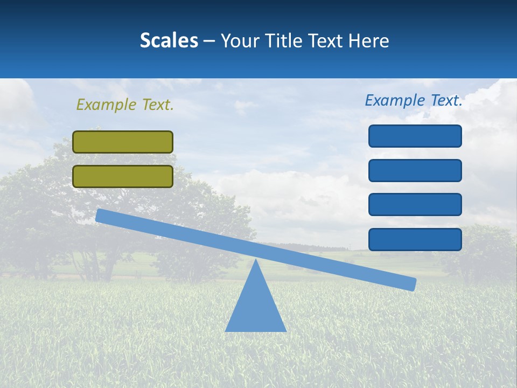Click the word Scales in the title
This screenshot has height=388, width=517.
[169, 40]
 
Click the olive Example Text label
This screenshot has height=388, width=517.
[125, 105]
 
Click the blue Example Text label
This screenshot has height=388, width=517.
[414, 100]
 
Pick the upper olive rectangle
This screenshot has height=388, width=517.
[123, 142]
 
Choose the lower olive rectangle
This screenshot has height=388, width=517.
[123, 176]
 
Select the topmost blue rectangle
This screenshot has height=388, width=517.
[415, 136]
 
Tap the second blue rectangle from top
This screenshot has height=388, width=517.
[415, 170]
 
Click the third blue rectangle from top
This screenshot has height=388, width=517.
[415, 205]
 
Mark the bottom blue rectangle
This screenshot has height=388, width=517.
[415, 239]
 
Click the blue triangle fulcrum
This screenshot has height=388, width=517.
[255, 307]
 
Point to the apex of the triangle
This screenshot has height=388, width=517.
[255, 260]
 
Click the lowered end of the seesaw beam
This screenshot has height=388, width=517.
[411, 284]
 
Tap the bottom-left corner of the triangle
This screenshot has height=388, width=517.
[226, 330]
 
